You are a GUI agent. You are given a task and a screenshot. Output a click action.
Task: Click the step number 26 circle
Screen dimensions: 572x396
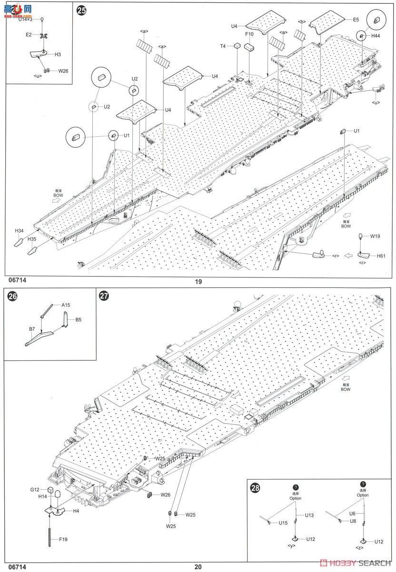12,296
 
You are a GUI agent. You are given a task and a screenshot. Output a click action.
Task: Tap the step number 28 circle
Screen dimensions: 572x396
256,488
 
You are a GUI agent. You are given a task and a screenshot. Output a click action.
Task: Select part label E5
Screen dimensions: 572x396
356,20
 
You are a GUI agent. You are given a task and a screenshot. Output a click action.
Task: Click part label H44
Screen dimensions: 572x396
376,36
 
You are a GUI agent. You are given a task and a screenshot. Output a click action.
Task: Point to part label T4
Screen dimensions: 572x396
223,46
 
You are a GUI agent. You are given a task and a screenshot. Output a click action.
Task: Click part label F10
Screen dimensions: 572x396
248,34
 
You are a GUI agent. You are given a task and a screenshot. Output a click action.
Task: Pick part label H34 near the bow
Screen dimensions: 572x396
19,231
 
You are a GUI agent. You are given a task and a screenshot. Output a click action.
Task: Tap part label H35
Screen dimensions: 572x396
32,239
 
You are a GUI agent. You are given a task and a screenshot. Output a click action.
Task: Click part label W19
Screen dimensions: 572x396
376,235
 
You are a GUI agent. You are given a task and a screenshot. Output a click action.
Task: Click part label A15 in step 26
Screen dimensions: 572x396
65,305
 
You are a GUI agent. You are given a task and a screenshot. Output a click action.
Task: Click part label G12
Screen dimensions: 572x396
35,490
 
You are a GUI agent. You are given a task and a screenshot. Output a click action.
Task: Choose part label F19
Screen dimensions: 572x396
63,539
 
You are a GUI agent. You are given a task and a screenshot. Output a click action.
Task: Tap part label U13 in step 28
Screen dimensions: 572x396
309,515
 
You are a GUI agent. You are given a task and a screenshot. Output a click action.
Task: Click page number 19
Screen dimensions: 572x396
198,281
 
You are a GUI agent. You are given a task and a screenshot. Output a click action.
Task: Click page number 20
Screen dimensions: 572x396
198,567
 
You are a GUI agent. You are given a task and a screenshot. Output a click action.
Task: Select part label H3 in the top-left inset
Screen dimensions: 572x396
58,55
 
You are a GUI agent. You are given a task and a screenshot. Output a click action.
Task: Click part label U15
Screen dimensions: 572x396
283,523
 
